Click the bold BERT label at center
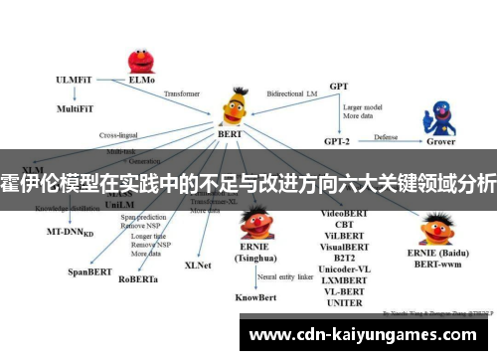click(231, 133)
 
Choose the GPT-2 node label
click(339, 139)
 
